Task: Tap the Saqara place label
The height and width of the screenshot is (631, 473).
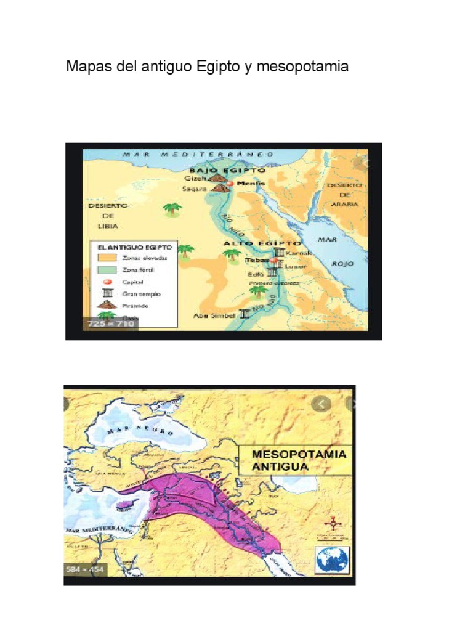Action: (x=194, y=189)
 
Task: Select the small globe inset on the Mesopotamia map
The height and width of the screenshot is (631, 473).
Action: (x=332, y=560)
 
